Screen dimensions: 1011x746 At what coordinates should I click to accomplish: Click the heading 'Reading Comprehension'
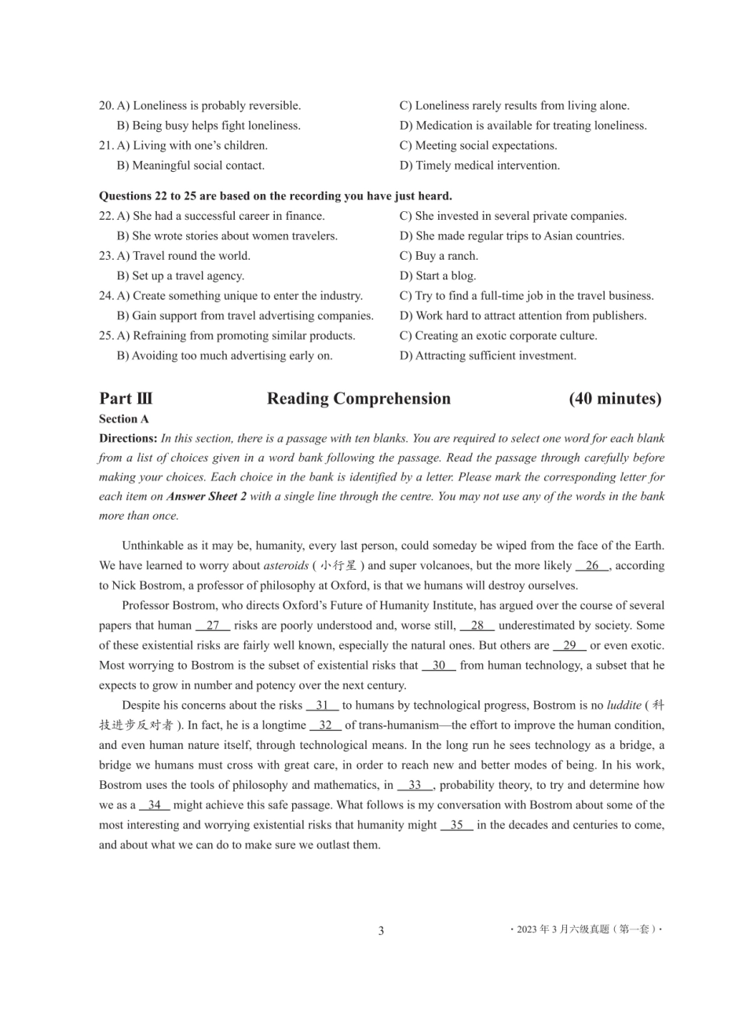click(359, 399)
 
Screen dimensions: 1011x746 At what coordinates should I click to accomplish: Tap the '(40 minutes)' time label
click(615, 399)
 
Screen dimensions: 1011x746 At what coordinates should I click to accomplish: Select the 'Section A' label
click(124, 419)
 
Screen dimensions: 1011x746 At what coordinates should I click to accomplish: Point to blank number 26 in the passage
click(591, 565)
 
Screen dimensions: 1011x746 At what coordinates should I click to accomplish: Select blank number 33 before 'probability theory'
click(415, 785)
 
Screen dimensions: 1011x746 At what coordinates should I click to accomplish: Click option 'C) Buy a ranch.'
click(439, 256)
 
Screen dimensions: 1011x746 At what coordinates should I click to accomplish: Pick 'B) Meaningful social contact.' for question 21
click(191, 166)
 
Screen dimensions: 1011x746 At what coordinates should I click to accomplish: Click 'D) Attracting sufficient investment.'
click(488, 356)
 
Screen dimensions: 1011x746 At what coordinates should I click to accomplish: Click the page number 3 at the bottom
click(381, 931)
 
